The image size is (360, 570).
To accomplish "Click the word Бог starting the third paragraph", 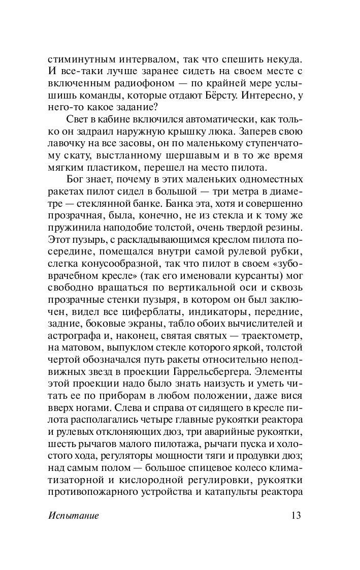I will [76, 181].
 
